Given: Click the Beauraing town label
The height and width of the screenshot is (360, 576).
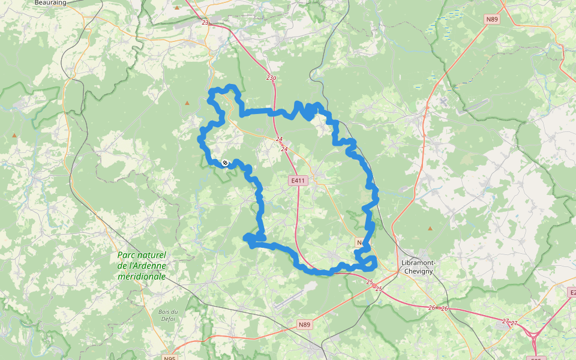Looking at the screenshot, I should pyautogui.click(x=50, y=2).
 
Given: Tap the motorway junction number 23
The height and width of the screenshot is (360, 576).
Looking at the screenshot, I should pyautogui.click(x=205, y=22).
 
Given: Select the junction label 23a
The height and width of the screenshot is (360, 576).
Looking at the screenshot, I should pyautogui.click(x=271, y=77).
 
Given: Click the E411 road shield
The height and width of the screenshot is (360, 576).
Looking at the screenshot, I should pyautogui.click(x=298, y=180).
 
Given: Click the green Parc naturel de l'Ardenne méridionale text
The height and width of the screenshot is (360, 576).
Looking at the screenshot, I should pyautogui.click(x=142, y=266).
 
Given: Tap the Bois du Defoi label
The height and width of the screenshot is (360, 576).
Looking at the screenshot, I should pyautogui.click(x=168, y=314).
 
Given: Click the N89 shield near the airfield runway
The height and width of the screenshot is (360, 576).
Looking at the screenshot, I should pyautogui.click(x=305, y=325).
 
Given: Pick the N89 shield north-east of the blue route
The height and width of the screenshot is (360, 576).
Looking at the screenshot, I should pyautogui.click(x=492, y=19).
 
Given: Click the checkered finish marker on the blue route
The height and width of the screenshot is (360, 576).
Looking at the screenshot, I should pyautogui.click(x=225, y=162).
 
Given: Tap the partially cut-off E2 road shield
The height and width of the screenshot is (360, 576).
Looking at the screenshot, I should pyautogui.click(x=572, y=292).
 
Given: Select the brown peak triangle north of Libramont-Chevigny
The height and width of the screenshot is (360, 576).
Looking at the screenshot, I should pyautogui.click(x=430, y=228).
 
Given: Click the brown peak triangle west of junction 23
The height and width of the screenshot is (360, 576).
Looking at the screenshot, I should pyautogui.click(x=177, y=8).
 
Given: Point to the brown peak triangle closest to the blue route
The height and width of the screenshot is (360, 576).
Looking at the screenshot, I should pyautogui.click(x=187, y=103).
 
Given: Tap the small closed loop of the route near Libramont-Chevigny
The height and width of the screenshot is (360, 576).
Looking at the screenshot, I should pyautogui.click(x=367, y=262).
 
